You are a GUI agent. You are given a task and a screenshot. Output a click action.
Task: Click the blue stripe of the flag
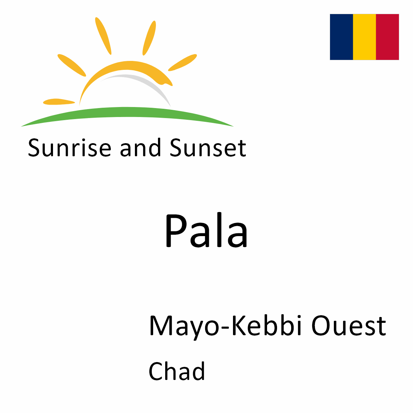click(341, 37)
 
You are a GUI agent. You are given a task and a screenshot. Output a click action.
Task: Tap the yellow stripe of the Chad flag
click(364, 37)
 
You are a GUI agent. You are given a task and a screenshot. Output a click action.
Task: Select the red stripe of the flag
click(388, 37)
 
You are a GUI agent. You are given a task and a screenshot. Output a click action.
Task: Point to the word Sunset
click(208, 148)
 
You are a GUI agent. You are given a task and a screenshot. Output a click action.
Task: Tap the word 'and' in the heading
click(140, 148)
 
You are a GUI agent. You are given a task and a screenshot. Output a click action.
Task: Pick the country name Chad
click(177, 371)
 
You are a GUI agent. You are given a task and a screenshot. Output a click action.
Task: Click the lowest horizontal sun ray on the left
click(59, 102)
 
